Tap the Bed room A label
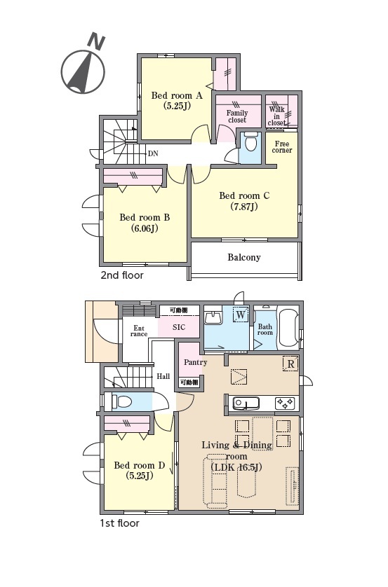coord(177,101)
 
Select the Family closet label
coord(237,116)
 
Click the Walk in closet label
coord(276,116)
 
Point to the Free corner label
coord(282,147)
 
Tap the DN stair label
coord(153,153)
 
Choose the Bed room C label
coord(244,201)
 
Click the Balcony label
coord(244,258)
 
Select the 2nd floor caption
coord(122,275)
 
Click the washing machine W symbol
coord(241,315)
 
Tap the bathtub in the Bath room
coord(288,329)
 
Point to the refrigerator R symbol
coord(290,364)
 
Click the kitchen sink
coord(246,403)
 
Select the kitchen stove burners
coord(285,403)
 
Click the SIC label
coord(179,327)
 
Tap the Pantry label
coord(195,362)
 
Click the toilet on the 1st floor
coord(122,401)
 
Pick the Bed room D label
coord(140,471)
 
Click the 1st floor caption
coord(119,523)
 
